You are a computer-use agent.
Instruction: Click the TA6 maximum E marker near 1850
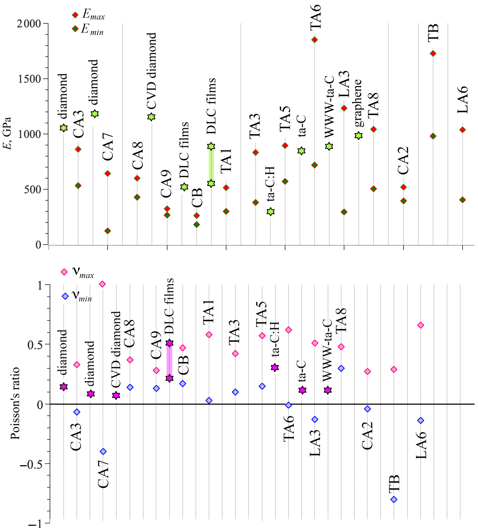(x=314, y=40)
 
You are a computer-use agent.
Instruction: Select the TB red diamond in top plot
(x=433, y=53)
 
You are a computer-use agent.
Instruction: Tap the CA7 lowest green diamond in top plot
(x=108, y=231)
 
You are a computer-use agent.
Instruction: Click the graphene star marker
(x=358, y=136)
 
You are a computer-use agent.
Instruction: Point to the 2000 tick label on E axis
(x=29, y=24)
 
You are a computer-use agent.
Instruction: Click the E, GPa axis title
(x=7, y=133)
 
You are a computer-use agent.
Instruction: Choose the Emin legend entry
(x=88, y=29)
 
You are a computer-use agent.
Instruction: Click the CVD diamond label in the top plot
(x=152, y=71)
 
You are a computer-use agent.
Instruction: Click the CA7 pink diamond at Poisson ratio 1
(x=102, y=284)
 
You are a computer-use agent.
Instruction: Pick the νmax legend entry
(x=78, y=272)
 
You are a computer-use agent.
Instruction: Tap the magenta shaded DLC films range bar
(x=169, y=361)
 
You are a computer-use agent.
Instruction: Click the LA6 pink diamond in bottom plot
(x=420, y=325)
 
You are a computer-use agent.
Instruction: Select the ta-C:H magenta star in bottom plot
(x=275, y=367)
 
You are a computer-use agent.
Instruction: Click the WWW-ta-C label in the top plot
(x=329, y=107)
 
